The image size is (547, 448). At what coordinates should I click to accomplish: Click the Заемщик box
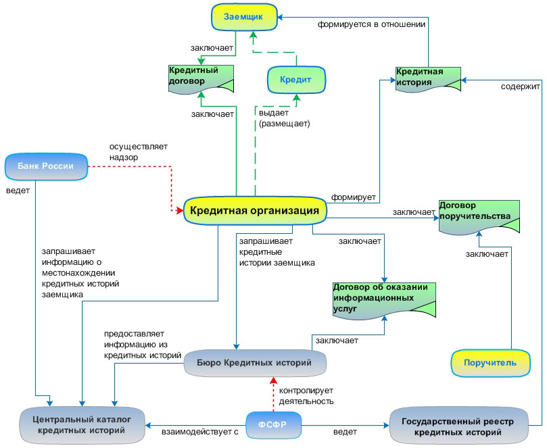point(244,17)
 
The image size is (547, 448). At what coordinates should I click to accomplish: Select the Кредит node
point(296,80)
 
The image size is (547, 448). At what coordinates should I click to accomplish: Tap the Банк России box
point(46,167)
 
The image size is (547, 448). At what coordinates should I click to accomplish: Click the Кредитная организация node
point(255,211)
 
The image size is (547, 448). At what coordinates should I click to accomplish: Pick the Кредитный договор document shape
point(201,80)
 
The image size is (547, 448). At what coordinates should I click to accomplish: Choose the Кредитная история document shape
point(428,80)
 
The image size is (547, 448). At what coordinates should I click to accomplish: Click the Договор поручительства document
point(479,217)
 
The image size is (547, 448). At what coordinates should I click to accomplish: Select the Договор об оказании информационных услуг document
point(384,301)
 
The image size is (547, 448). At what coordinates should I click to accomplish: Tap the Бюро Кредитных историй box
point(255,363)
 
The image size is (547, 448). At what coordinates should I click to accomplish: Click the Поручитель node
point(490,363)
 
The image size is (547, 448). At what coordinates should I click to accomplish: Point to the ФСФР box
point(273,425)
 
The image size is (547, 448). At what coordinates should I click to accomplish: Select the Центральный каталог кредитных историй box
point(82,425)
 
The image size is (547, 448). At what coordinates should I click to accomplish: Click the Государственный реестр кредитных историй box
point(458,426)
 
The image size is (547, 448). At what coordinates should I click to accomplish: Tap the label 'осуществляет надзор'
point(138,151)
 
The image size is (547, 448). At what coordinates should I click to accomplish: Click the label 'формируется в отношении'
point(371,24)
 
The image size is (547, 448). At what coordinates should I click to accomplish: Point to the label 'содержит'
point(521,86)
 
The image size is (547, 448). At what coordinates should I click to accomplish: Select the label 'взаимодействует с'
point(200,432)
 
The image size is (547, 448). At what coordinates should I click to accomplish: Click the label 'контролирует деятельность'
point(306,396)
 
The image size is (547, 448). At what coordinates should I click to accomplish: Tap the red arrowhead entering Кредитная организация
point(180,210)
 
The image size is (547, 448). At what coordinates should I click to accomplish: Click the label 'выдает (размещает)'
point(284,118)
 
